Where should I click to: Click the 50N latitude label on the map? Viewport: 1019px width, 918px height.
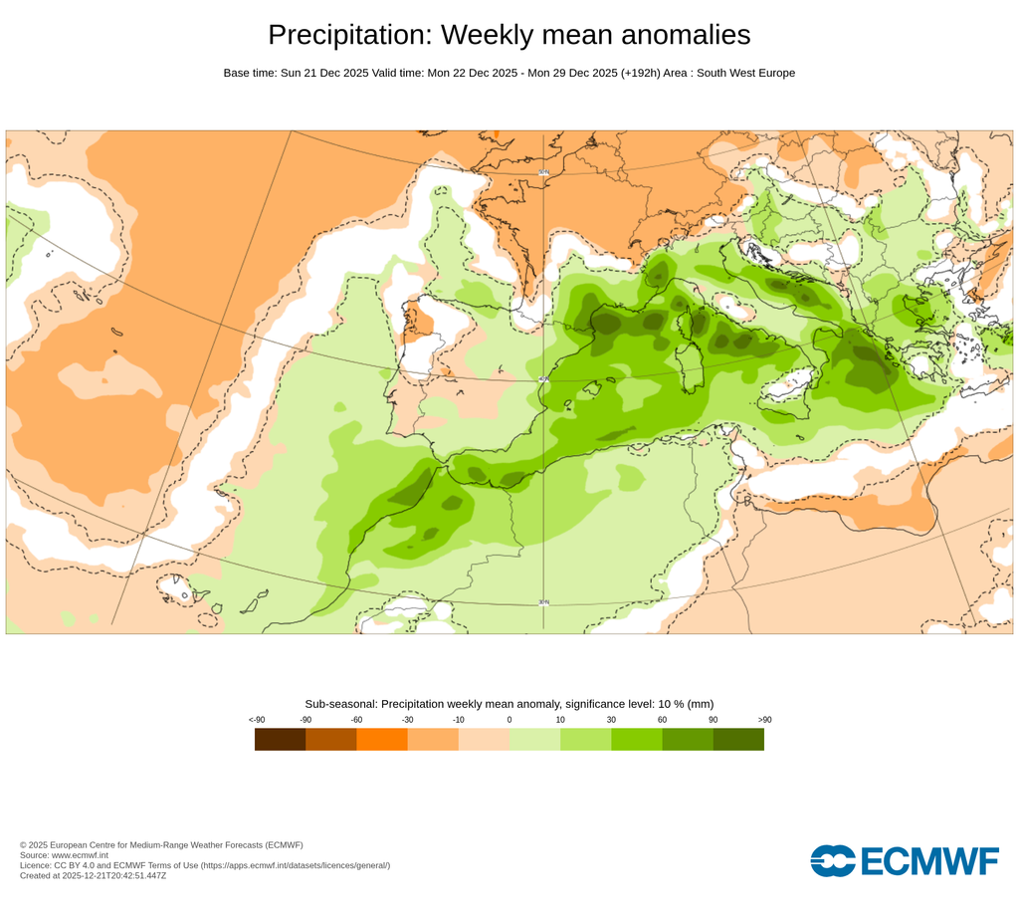pyautogui.click(x=543, y=172)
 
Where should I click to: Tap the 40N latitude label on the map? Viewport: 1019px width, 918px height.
pyautogui.click(x=543, y=379)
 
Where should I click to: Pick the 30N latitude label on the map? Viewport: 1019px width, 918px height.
pyautogui.click(x=543, y=601)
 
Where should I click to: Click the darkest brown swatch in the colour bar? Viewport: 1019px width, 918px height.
pyautogui.click(x=280, y=739)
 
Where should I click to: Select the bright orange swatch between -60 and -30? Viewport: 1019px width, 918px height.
pyautogui.click(x=381, y=739)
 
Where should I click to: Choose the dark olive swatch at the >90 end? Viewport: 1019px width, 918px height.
pyautogui.click(x=738, y=739)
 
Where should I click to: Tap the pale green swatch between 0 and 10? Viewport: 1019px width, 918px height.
pyautogui.click(x=534, y=739)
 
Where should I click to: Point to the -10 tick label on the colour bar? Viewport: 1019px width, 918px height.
pyautogui.click(x=458, y=719)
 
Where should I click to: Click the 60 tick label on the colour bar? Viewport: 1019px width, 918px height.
pyautogui.click(x=662, y=719)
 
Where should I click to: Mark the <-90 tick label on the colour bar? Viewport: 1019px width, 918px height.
pyautogui.click(x=256, y=719)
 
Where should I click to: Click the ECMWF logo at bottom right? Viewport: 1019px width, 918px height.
pyautogui.click(x=904, y=861)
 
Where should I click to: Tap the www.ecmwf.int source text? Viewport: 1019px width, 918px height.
pyautogui.click(x=79, y=855)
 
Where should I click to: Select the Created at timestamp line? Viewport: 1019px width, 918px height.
pyautogui.click(x=93, y=875)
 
